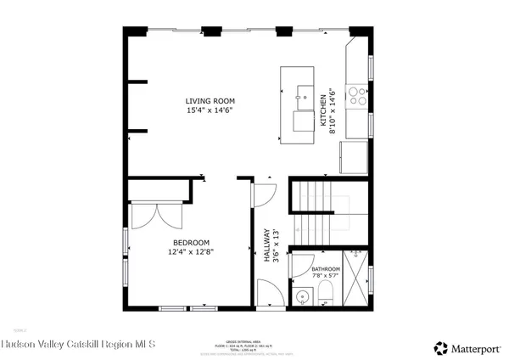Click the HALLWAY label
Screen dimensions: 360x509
[266, 246]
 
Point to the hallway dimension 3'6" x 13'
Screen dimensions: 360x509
[276, 246]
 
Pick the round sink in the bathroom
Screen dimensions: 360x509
[303, 296]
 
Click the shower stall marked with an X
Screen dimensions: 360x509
[357, 278]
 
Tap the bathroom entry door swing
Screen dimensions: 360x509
[299, 266]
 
